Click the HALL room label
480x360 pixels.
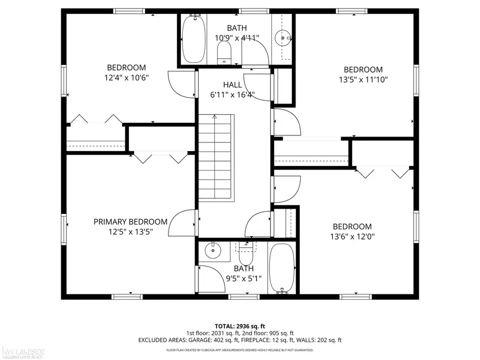232,85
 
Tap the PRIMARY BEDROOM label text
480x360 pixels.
130,222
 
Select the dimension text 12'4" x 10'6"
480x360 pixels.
126,77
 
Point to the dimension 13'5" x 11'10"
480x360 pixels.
363,79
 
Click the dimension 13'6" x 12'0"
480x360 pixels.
352,236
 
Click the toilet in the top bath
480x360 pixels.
224,53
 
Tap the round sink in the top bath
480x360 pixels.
282,37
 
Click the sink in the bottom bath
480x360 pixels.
213,250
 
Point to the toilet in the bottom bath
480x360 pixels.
245,252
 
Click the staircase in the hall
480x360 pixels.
217,157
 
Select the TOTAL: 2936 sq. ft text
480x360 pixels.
239,325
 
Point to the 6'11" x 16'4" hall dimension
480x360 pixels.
232,95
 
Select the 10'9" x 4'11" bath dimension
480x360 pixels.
237,37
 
